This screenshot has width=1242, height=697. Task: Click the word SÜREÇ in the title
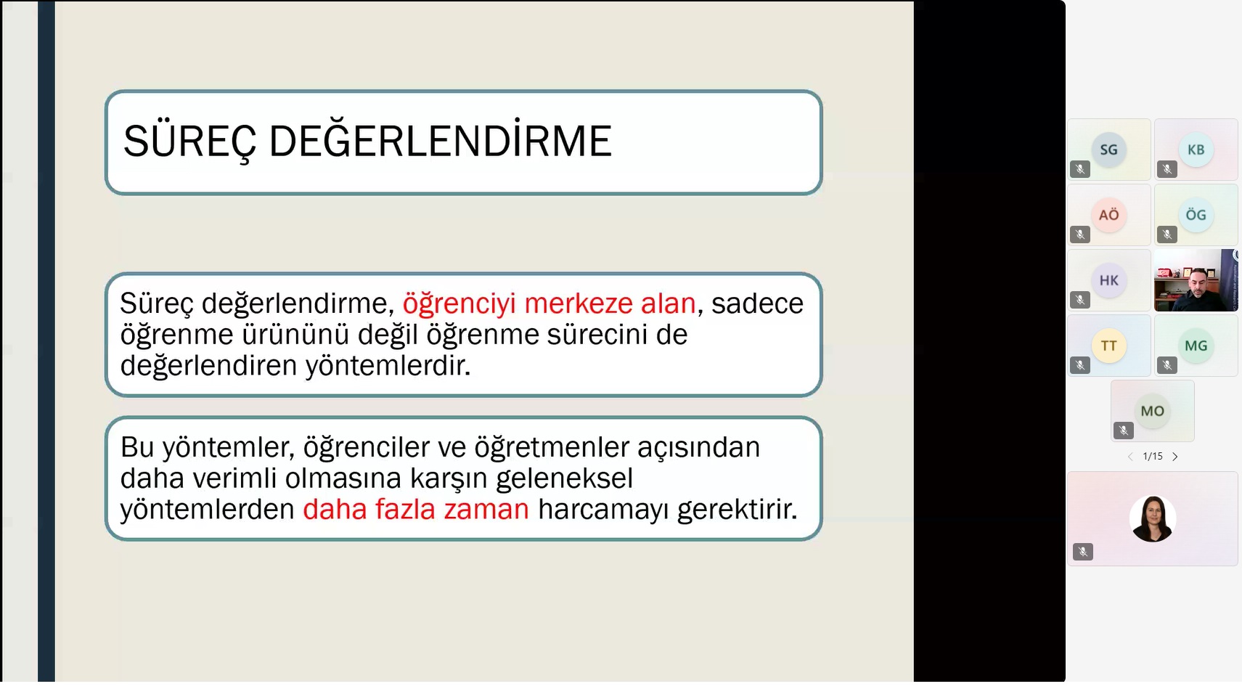click(x=189, y=142)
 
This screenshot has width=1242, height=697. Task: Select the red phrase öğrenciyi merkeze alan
click(x=549, y=304)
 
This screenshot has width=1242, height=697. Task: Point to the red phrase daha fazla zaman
click(x=416, y=509)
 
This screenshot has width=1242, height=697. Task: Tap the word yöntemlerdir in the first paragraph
click(x=388, y=365)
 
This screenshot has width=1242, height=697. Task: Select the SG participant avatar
click(x=1109, y=150)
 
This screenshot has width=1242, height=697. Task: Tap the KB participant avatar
click(x=1196, y=150)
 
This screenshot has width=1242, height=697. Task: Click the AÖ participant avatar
click(x=1109, y=215)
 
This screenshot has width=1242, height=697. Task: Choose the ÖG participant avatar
click(x=1196, y=215)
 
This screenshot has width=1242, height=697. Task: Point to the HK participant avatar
click(x=1109, y=280)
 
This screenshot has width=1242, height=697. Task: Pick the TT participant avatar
click(x=1109, y=346)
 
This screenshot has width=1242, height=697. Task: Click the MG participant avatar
click(x=1196, y=346)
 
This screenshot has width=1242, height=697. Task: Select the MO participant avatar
click(x=1152, y=412)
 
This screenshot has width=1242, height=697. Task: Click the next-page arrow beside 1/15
click(x=1175, y=457)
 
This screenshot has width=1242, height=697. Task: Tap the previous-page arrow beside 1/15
click(x=1130, y=457)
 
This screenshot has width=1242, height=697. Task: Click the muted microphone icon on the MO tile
click(x=1124, y=431)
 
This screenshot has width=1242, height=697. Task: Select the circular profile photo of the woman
click(x=1153, y=519)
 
